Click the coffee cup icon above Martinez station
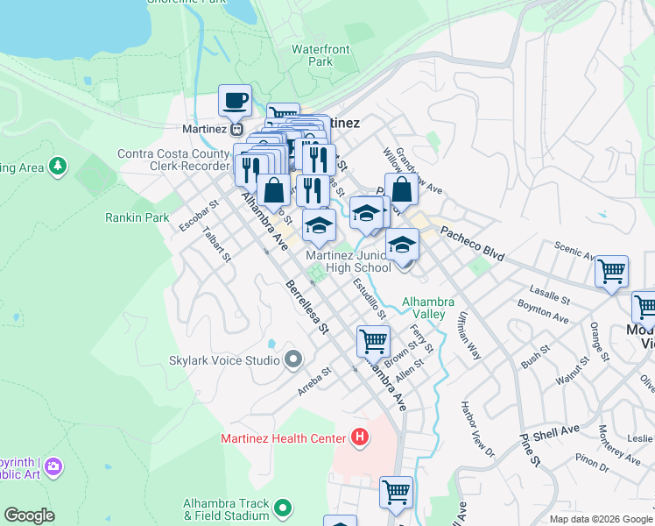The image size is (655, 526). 235,100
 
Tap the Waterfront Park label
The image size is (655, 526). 313,55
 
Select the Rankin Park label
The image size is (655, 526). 137,217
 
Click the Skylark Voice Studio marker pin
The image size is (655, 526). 293,359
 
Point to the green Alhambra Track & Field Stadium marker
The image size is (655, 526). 282,508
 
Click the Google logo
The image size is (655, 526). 29,515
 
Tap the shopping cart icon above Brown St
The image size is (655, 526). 373,339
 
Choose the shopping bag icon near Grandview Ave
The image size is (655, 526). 401,188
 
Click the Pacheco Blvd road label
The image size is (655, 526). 472,245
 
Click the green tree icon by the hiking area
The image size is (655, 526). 58,166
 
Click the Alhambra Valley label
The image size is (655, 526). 427,308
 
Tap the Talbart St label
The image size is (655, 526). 215,245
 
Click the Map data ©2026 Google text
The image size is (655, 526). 601,519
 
